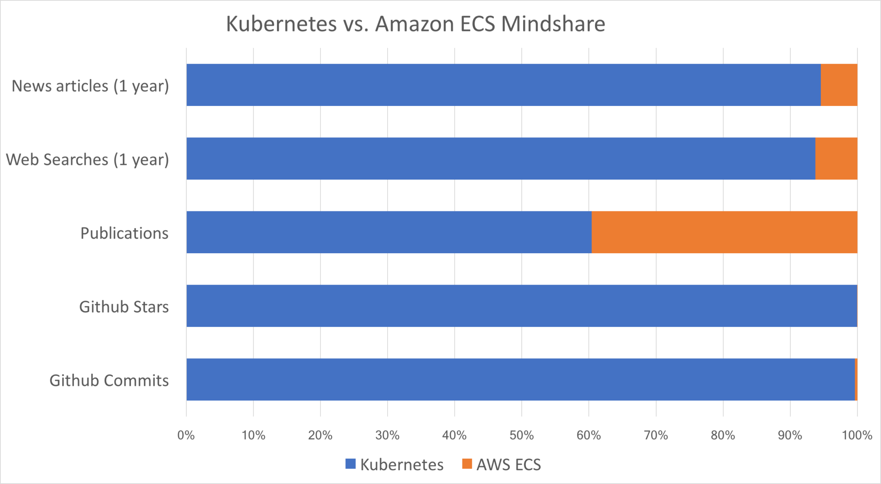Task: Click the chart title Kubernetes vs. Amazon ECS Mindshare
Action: (416, 24)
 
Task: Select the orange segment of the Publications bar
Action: (724, 232)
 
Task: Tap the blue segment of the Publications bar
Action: (389, 232)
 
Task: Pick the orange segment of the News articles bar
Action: (839, 85)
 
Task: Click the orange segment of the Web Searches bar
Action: (836, 158)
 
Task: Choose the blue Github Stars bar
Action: (521, 306)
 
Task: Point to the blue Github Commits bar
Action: (521, 379)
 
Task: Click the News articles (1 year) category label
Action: (90, 86)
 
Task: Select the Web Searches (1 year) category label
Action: (87, 159)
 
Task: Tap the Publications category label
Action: (124, 233)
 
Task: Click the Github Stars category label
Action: (124, 307)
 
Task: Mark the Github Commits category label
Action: (109, 380)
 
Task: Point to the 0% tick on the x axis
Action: (186, 435)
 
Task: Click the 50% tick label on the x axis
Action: (521, 435)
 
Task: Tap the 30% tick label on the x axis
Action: (387, 435)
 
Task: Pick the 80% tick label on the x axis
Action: (723, 435)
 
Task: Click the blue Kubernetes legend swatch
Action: (351, 464)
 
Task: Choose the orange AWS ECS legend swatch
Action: (467, 464)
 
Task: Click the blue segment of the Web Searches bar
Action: (501, 158)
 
